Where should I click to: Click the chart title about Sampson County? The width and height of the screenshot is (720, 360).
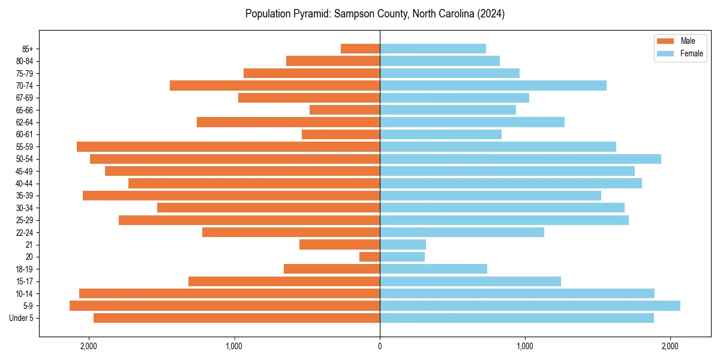(x=375, y=14)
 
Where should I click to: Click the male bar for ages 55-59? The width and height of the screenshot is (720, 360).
(x=228, y=147)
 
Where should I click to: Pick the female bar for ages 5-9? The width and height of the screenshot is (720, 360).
(x=530, y=306)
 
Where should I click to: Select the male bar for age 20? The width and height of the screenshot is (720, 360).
(x=370, y=257)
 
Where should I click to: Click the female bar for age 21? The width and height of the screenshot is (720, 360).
(x=403, y=245)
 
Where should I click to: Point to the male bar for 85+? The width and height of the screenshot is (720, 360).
(x=360, y=49)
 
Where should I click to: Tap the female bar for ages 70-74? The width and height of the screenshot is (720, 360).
(x=493, y=86)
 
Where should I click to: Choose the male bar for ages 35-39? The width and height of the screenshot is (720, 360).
(x=231, y=196)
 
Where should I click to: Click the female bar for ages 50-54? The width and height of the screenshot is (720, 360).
(x=520, y=159)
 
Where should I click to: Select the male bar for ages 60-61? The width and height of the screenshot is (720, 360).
(x=341, y=134)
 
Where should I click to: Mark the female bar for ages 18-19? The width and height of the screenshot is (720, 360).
(x=433, y=269)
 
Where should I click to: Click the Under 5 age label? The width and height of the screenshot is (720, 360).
(x=21, y=318)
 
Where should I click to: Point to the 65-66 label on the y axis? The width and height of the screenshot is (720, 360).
(x=24, y=110)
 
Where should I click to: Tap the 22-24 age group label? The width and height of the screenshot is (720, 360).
(x=24, y=233)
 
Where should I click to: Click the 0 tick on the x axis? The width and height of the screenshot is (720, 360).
(x=380, y=346)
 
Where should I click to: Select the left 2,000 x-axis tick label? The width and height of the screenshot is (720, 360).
(x=88, y=346)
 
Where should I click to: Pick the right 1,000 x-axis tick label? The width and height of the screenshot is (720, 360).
(x=525, y=346)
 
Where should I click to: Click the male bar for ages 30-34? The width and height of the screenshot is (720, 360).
(x=268, y=208)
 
